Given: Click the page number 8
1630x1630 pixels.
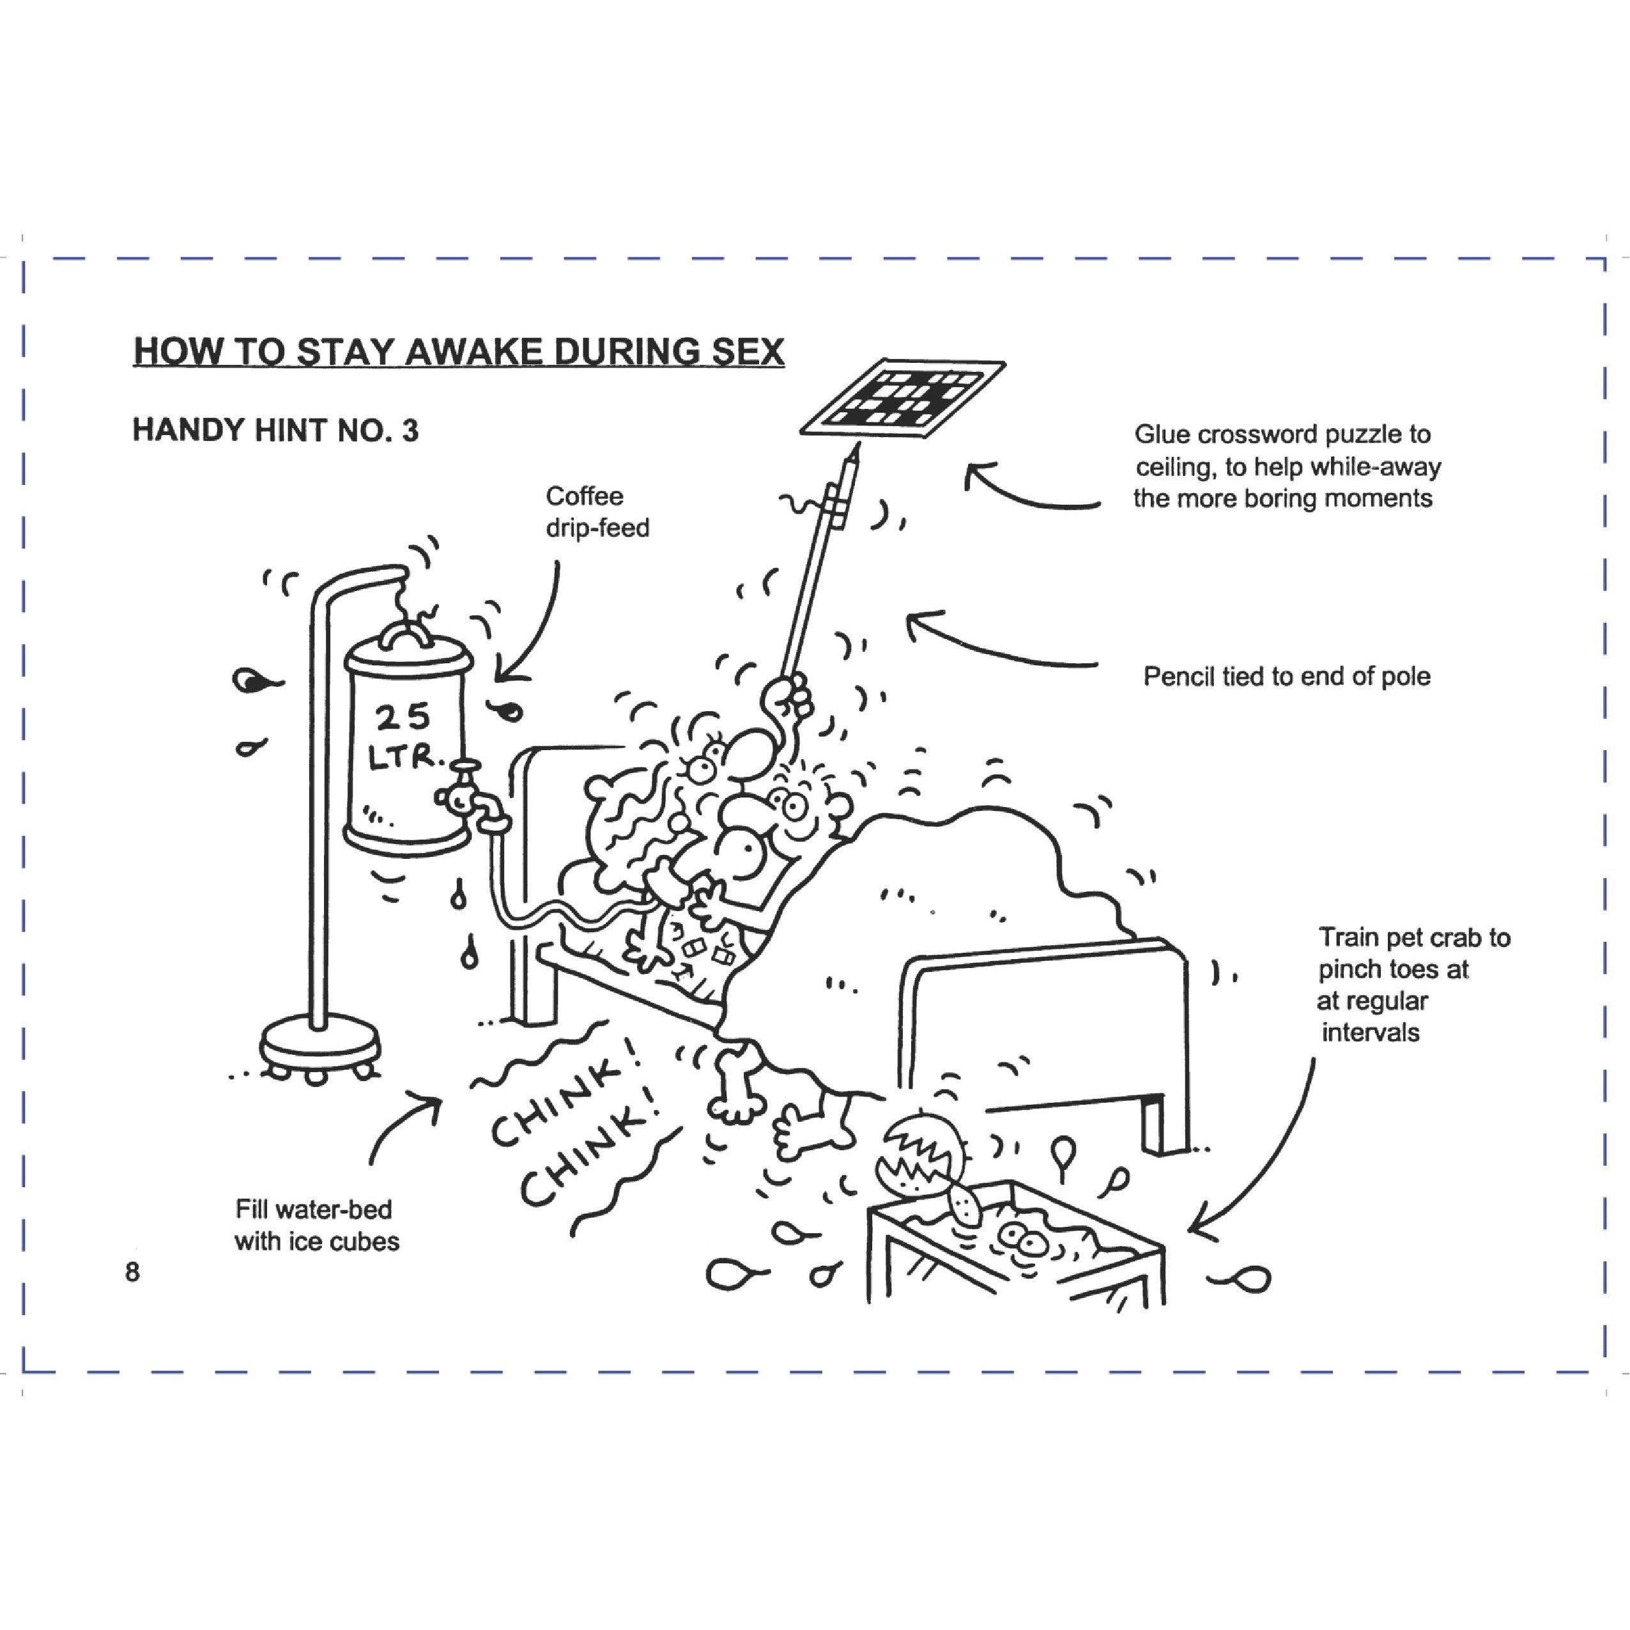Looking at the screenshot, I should (132, 1272).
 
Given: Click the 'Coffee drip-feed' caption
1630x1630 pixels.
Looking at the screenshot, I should (597, 511).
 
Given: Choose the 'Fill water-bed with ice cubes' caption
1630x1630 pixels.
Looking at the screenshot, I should (316, 1225).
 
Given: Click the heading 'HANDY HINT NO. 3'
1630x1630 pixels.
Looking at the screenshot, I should (275, 431).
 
